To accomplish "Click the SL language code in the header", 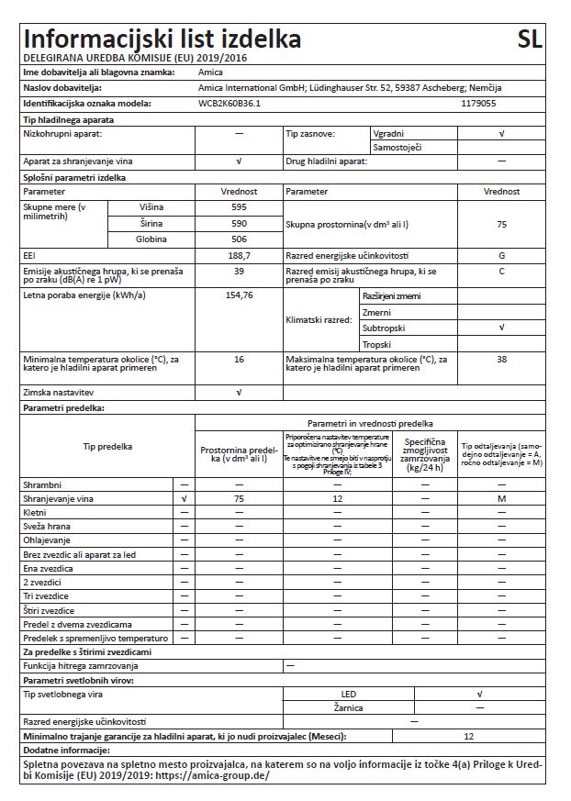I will click(530, 39).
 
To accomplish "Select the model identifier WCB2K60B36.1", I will click(230, 105).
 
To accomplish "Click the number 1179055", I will click(478, 105).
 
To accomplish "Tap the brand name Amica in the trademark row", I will click(210, 71).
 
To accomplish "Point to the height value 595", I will click(240, 207).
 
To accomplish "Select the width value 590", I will click(240, 223).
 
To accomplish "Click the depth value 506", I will click(240, 239).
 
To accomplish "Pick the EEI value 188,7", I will click(240, 255).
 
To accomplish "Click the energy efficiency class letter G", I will click(501, 255).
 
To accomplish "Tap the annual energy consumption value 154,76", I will click(240, 295).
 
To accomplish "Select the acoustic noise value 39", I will click(240, 272).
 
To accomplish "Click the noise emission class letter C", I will click(501, 272).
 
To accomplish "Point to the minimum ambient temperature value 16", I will click(240, 360).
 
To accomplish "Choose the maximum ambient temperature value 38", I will click(501, 360).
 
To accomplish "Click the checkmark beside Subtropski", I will click(501, 328).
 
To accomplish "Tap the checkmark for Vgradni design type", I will click(501, 134).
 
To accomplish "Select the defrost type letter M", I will click(501, 498).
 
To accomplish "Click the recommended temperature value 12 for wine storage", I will click(338, 498).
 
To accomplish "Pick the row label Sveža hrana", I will click(46, 527).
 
